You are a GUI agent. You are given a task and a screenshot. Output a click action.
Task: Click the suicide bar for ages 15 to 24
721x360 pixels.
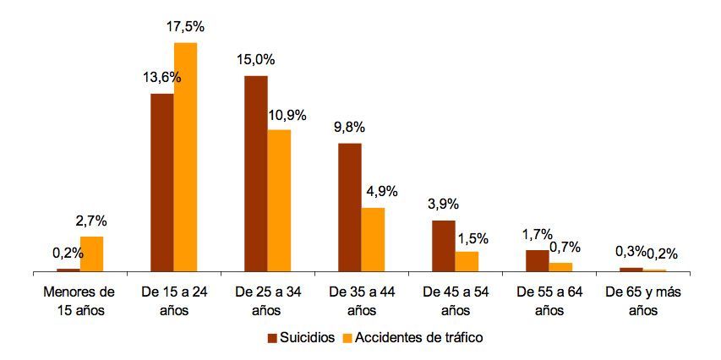162,183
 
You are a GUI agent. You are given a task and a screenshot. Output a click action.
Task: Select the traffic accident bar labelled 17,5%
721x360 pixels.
185,157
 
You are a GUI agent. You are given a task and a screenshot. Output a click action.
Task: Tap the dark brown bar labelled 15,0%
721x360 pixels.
256,174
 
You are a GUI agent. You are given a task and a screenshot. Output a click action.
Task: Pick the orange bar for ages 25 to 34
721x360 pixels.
279,200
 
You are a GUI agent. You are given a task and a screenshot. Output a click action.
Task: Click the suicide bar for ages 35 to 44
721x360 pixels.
350,207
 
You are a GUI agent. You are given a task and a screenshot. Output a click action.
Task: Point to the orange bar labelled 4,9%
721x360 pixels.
373,239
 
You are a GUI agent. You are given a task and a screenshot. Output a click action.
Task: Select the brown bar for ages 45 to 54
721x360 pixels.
444,246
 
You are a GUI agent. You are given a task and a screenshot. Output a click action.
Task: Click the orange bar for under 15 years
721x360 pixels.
91,254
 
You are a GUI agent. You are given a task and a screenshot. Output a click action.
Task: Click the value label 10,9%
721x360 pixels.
287,115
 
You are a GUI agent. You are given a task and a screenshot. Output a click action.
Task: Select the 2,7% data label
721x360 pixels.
92,221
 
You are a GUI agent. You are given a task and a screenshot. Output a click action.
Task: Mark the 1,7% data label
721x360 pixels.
537,235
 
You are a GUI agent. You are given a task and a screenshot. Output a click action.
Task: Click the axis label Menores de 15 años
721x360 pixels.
79,301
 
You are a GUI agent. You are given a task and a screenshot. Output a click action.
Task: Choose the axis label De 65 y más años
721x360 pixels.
643,301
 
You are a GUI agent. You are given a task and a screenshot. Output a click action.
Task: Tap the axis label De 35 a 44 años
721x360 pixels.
362,301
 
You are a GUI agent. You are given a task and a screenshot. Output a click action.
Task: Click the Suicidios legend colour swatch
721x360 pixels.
273,338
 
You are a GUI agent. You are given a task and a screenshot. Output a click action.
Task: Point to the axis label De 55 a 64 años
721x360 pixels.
549,301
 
